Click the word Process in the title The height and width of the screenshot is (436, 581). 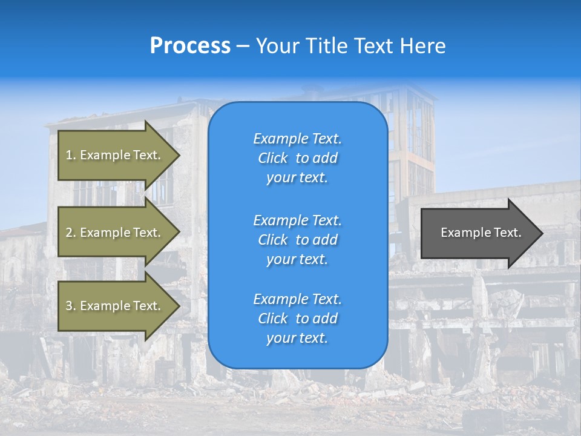pos(190,46)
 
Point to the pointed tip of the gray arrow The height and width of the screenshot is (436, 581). pos(541,233)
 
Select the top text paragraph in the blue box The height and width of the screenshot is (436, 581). pos(297,158)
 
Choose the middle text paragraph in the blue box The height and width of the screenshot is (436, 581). pos(297,240)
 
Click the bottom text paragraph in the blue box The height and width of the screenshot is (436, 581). pos(297,319)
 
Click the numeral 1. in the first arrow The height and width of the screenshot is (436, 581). pos(71,155)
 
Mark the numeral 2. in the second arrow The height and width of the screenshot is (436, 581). pos(71,233)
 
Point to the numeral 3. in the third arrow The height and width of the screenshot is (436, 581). pos(71,306)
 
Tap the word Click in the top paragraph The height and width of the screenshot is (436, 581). pos(273,158)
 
